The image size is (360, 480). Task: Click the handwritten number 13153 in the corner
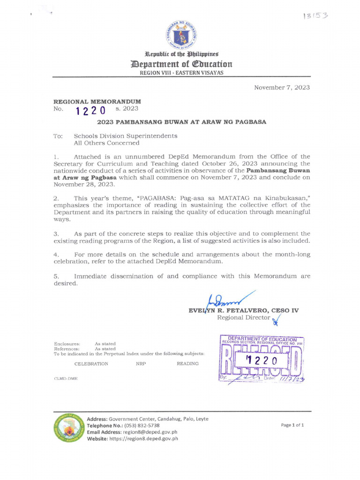315,15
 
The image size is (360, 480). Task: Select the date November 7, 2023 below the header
282,88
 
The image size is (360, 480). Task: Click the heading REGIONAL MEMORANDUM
97,101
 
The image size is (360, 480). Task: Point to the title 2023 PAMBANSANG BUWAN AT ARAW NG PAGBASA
181,122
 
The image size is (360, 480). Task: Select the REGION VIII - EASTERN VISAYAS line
181,73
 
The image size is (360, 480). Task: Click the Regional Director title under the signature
244,318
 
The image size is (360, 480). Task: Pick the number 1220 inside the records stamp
262,360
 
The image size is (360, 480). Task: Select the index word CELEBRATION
91,364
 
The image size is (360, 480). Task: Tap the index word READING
187,364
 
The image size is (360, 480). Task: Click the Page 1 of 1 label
292,425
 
